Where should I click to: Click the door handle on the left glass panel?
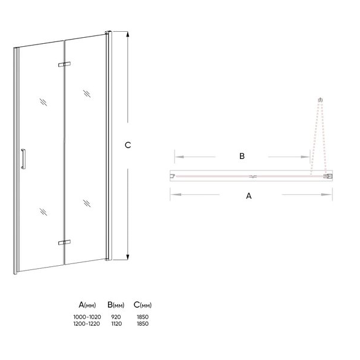23,159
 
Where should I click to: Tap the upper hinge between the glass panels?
64,64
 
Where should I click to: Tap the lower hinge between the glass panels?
64,242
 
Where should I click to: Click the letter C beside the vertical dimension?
128,145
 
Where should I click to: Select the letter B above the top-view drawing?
242,156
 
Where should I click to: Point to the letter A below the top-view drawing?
249,196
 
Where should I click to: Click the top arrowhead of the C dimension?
128,34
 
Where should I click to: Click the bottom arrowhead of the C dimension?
128,257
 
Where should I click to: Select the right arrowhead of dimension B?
305,157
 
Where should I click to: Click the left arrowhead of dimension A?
175,194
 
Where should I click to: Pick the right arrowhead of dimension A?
327,194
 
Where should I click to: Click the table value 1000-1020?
87,317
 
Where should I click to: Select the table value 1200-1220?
87,324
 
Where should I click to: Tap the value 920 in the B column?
116,317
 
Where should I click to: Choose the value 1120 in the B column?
116,324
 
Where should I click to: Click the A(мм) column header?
87,305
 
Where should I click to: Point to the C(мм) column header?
143,305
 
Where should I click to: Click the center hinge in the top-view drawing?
253,176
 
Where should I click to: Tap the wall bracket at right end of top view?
328,176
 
